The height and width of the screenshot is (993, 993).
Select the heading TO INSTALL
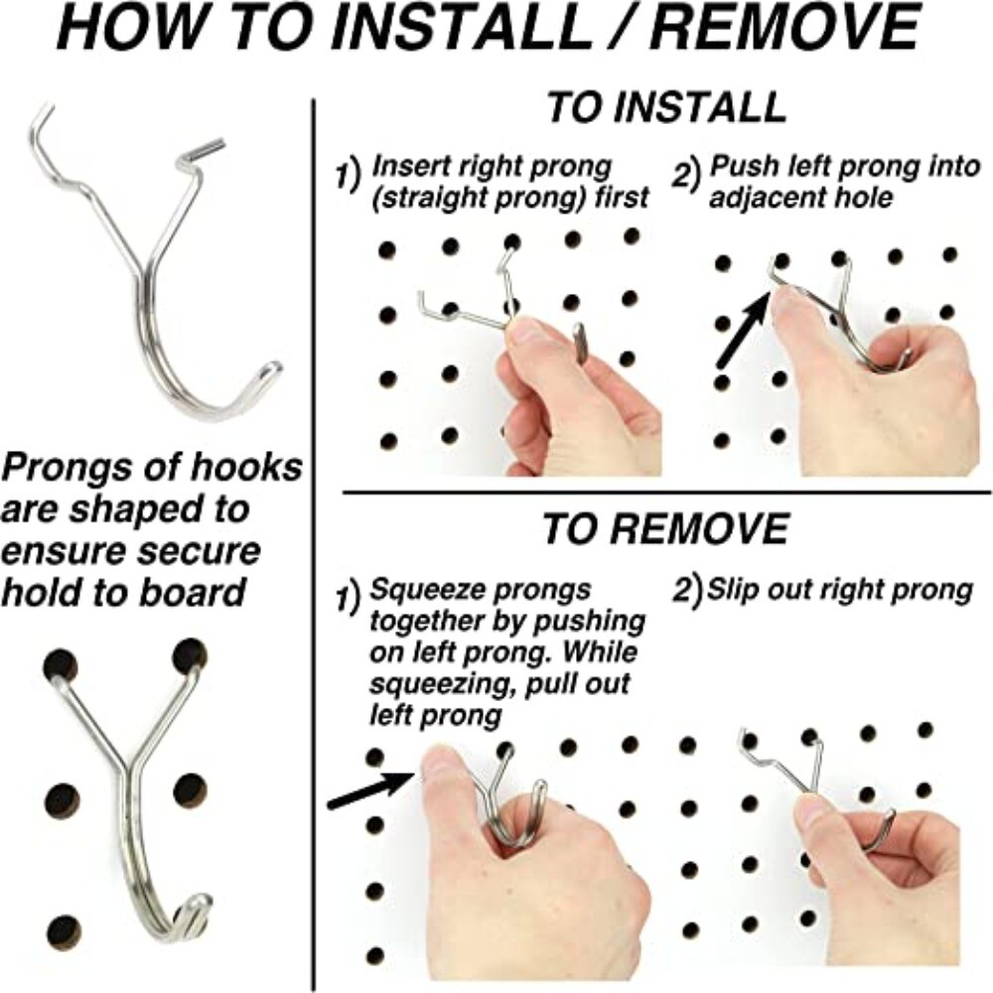pyautogui.click(x=666, y=107)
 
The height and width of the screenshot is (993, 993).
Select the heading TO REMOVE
pyautogui.click(x=664, y=529)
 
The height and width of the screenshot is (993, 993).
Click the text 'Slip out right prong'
pyautogui.click(x=838, y=590)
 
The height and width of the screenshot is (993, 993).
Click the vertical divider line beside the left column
pyautogui.click(x=315, y=496)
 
